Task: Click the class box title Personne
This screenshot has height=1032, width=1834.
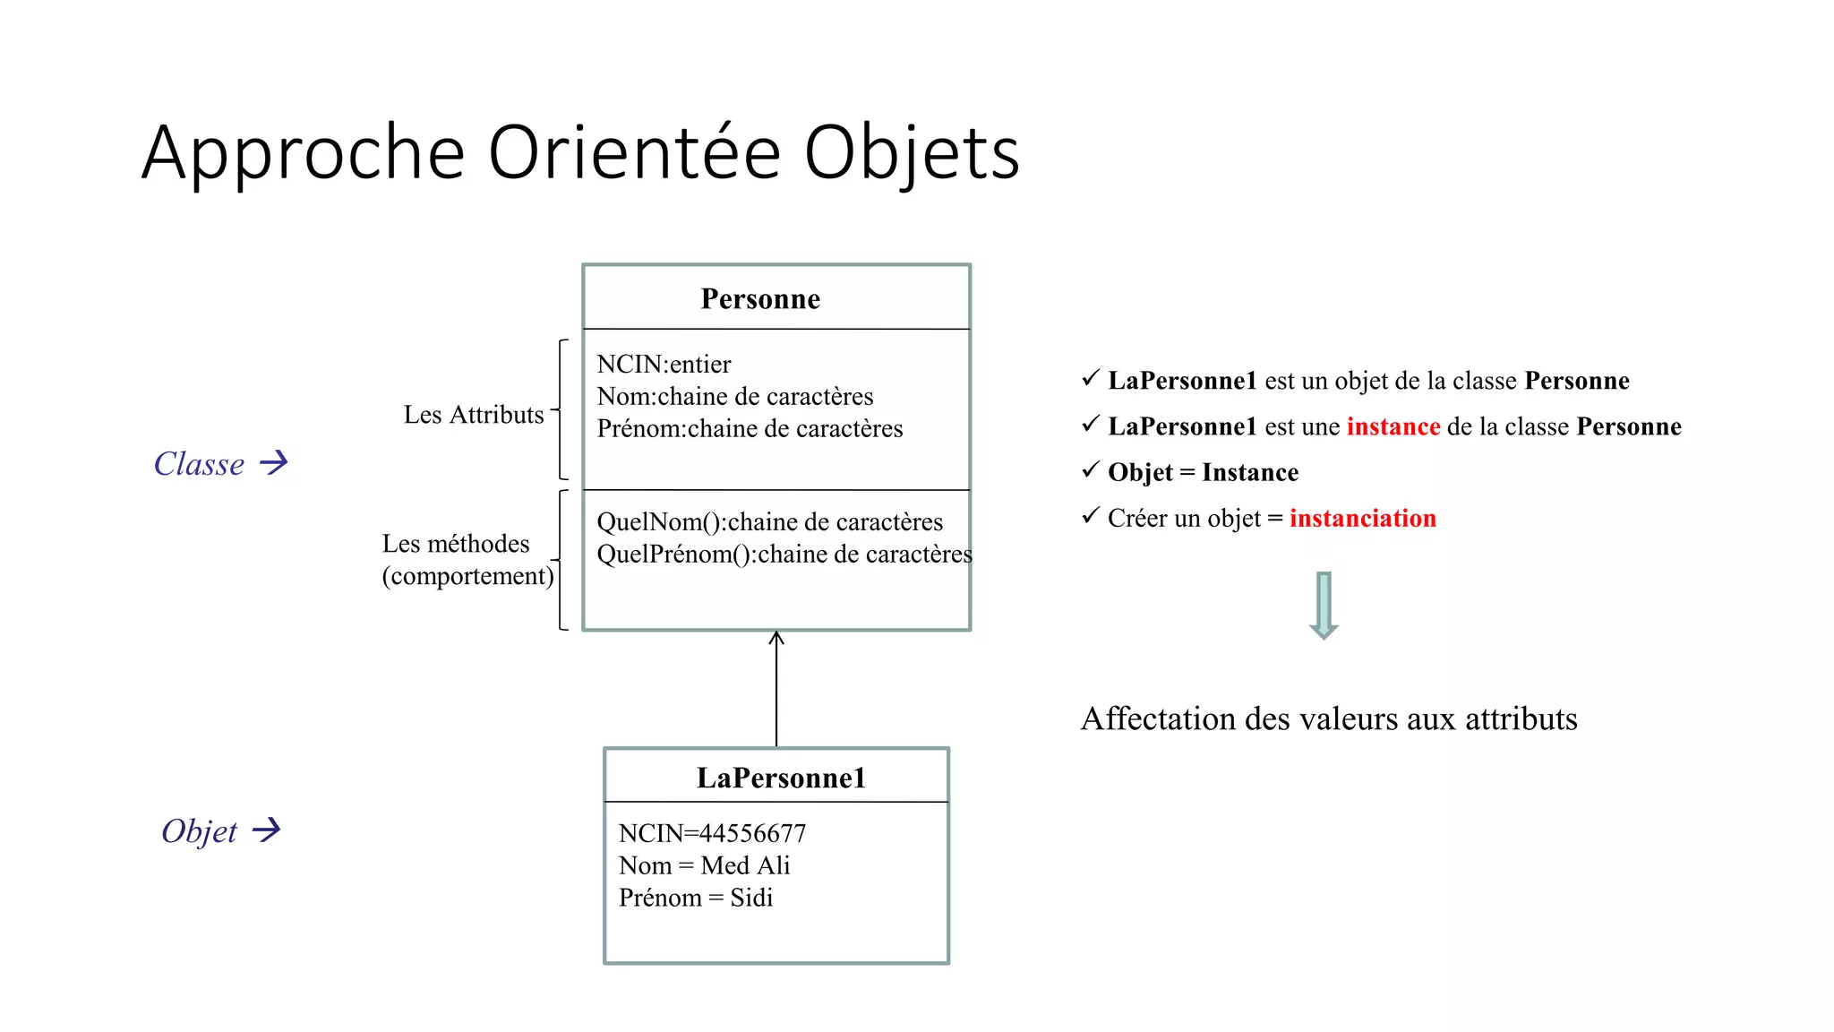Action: tap(760, 298)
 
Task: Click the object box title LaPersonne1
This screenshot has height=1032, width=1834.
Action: tap(781, 778)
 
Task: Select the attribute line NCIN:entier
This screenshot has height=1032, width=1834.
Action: tap(664, 364)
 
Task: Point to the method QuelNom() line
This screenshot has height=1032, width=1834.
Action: tap(769, 521)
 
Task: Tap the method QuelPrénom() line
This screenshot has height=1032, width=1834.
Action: tap(784, 554)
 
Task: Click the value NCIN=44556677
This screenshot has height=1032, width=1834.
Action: tap(712, 833)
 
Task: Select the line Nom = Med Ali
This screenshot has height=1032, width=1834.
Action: tap(704, 865)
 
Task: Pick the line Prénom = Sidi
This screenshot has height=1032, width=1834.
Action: tap(695, 898)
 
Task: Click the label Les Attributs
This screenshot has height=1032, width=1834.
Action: tap(474, 415)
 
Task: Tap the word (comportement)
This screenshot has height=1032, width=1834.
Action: tap(467, 576)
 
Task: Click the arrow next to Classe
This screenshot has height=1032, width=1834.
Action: tap(274, 462)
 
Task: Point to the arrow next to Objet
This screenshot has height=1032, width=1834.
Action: tap(267, 830)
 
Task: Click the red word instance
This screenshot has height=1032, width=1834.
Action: tap(1393, 426)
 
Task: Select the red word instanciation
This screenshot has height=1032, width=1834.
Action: tap(1362, 518)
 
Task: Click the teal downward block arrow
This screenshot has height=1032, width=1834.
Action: tap(1324, 605)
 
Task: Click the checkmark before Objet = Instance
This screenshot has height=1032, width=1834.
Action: tap(1090, 469)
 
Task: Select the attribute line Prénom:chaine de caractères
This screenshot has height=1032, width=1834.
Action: tap(750, 428)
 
